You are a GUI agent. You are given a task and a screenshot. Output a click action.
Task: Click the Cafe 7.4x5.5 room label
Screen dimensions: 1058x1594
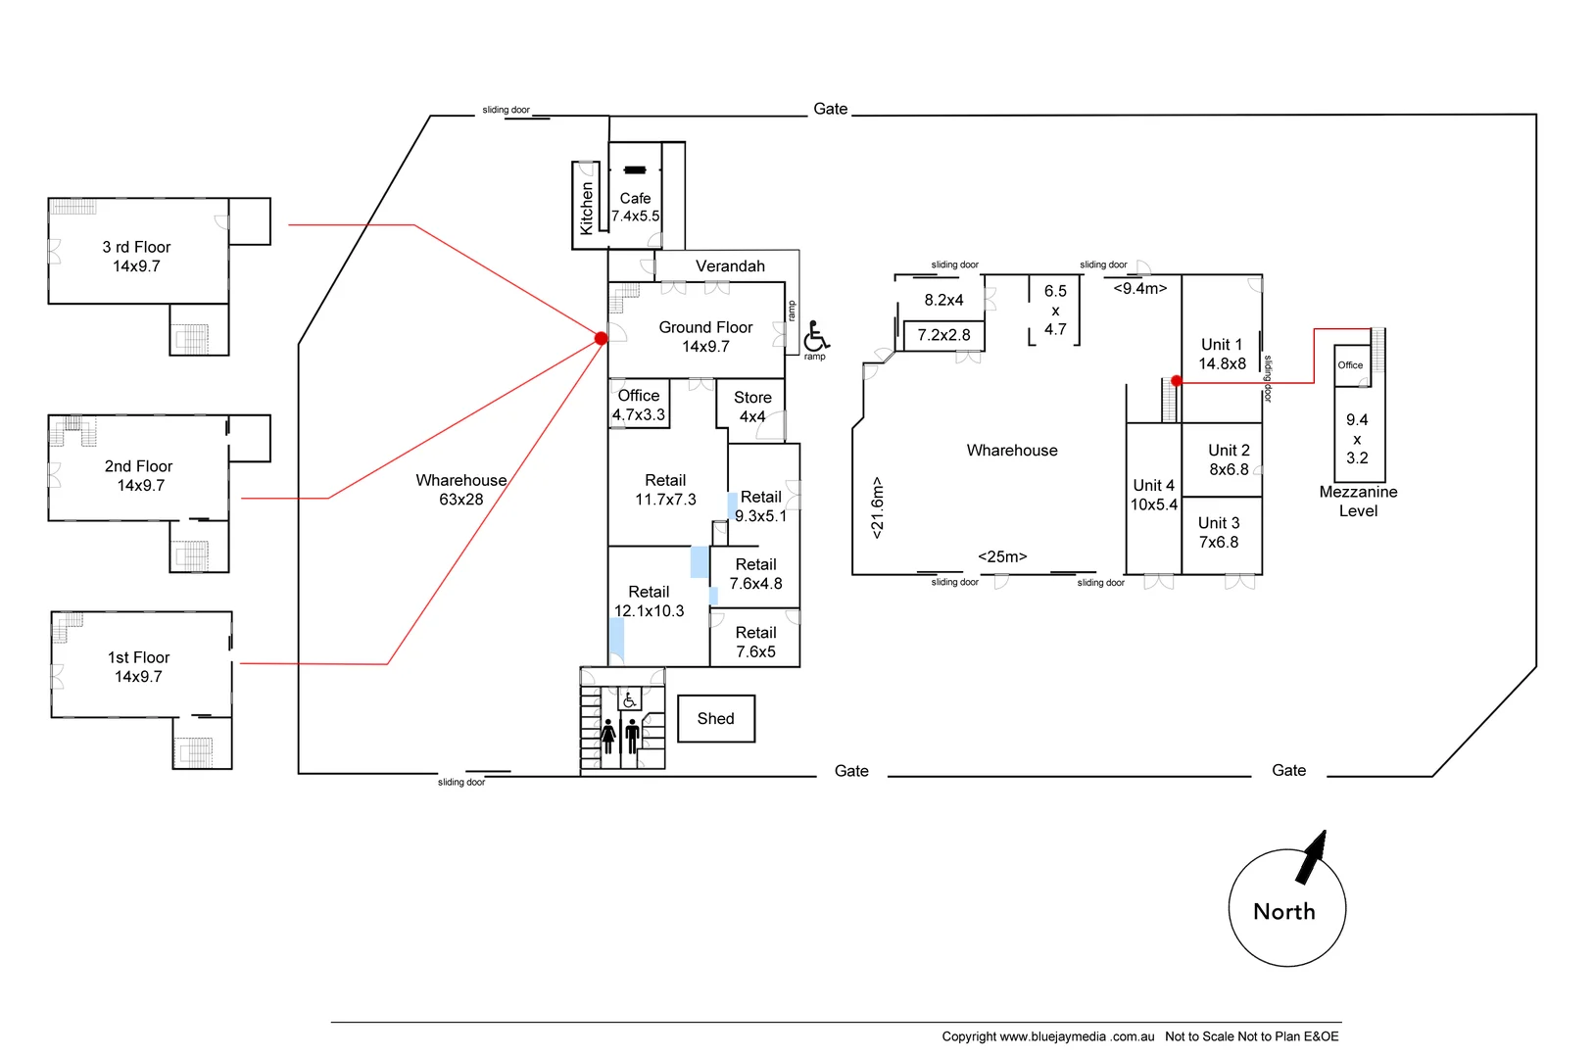coord(635,207)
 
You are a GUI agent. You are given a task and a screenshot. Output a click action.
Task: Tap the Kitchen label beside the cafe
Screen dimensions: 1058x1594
coord(586,208)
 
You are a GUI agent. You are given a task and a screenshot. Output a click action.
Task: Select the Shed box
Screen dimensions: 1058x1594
coord(716,719)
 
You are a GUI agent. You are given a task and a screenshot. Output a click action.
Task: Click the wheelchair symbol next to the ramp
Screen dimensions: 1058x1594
coord(816,337)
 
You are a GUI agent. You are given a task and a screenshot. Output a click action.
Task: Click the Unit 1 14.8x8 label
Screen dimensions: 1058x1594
coord(1222,354)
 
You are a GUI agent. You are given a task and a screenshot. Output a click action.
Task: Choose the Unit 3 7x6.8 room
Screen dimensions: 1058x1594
coord(1219,532)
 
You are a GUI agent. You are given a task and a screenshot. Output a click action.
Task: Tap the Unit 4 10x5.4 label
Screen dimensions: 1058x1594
coord(1153,495)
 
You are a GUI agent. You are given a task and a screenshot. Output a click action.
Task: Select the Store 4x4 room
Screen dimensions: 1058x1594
coord(752,407)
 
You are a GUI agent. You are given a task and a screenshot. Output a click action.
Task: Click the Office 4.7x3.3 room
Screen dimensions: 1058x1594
coord(639,405)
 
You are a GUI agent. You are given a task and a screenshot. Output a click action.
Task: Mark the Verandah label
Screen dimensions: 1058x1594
coord(730,266)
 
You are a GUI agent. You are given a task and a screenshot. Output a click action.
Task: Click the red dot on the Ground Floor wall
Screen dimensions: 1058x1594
coord(601,338)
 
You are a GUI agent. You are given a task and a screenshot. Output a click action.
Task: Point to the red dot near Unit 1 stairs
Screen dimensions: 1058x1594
coord(1176,381)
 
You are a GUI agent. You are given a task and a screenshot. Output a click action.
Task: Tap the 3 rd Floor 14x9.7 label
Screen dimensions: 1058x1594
coord(136,257)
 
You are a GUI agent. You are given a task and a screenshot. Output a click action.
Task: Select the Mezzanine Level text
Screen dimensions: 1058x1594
coord(1358,501)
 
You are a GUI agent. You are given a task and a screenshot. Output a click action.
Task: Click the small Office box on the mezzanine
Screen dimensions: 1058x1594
coord(1350,364)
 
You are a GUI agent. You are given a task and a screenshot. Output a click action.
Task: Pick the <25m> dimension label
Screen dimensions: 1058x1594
coord(1002,556)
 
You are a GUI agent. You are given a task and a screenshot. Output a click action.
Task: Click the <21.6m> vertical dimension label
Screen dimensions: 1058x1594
coord(877,507)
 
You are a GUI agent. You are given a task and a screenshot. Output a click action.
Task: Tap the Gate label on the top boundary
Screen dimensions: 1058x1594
coord(830,109)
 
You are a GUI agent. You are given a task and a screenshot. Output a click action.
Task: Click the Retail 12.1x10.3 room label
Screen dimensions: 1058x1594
coord(649,601)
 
